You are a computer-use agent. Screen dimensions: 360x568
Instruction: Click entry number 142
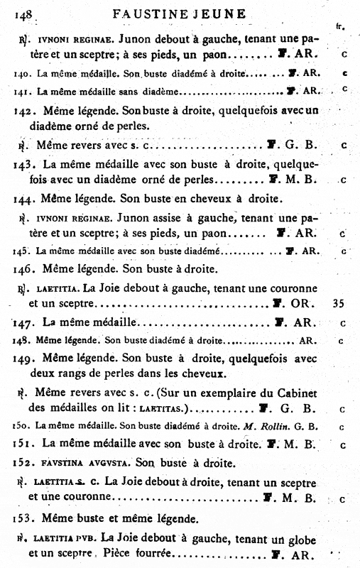[x=26, y=111]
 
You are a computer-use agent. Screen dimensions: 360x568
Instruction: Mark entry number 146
[x=26, y=270]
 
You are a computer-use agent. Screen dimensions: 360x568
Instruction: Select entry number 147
[x=26, y=322]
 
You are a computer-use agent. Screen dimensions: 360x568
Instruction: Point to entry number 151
[x=26, y=443]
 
